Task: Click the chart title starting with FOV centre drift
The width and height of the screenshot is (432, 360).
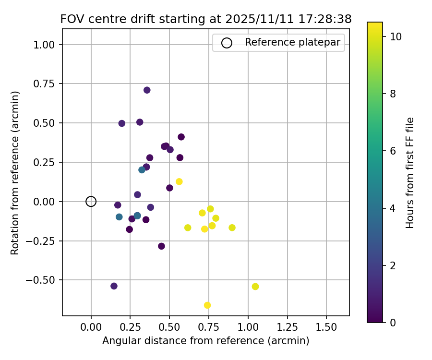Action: coord(206,19)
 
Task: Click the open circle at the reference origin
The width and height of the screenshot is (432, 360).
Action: coord(91,202)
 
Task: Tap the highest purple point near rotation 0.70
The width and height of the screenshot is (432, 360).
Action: coord(147,90)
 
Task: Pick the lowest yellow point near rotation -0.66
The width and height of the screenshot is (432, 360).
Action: coord(207,305)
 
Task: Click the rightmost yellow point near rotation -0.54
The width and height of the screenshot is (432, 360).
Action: coord(255,287)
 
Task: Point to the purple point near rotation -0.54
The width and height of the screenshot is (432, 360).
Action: coord(114,286)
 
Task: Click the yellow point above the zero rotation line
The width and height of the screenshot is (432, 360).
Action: coord(179,181)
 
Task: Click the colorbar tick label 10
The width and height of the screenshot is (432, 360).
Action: coord(396,36)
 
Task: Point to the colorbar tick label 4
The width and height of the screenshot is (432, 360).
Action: coord(393,208)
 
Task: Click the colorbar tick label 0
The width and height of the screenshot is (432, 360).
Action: coord(393,323)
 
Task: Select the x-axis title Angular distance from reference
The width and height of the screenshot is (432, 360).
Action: coord(205,341)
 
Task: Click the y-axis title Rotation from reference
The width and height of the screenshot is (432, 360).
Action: coord(15,173)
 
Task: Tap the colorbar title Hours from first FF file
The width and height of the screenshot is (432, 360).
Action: coord(410,173)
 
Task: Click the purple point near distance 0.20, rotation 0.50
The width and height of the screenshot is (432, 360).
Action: coord(121,123)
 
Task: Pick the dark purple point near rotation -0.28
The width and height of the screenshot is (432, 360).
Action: coord(161,246)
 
